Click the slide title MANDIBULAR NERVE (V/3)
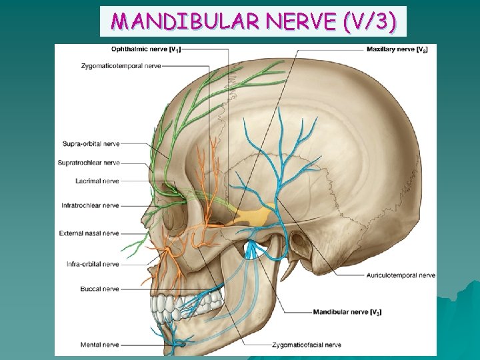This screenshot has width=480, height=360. click(253, 22)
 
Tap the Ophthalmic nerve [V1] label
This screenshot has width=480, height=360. click(145, 49)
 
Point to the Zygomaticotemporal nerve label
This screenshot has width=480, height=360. click(121, 66)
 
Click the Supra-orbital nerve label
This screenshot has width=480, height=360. click(91, 143)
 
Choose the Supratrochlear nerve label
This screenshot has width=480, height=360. click(90, 163)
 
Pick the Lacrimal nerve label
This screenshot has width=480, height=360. click(97, 181)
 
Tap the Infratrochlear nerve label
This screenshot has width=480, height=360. click(90, 205)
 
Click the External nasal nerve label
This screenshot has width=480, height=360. click(89, 233)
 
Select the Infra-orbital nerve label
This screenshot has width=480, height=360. click(93, 264)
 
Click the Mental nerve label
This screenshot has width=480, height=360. click(99, 345)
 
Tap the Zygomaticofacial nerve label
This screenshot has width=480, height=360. click(307, 345)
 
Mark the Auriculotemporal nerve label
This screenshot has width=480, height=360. click(401, 275)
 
